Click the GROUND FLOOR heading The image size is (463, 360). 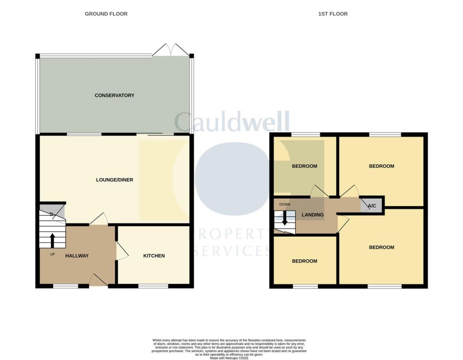click(106, 14)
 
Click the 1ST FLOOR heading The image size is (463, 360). click(333, 14)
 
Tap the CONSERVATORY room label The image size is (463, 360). click(114, 95)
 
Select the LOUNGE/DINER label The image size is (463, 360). click(114, 180)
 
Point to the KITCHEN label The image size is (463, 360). click(154, 256)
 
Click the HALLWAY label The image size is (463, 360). click(77, 256)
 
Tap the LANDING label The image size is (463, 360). click(313, 215)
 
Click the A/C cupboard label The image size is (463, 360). click(372, 206)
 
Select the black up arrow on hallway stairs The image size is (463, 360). click(52, 240)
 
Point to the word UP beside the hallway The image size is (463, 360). click(52, 254)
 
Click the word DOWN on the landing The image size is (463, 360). click(284, 204)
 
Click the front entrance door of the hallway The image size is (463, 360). click(98, 281)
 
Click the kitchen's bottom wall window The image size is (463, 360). click(153, 286)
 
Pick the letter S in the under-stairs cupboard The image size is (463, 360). click(51, 213)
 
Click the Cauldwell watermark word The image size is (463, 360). click(231, 122)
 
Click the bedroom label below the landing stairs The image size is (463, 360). click(304, 261)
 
